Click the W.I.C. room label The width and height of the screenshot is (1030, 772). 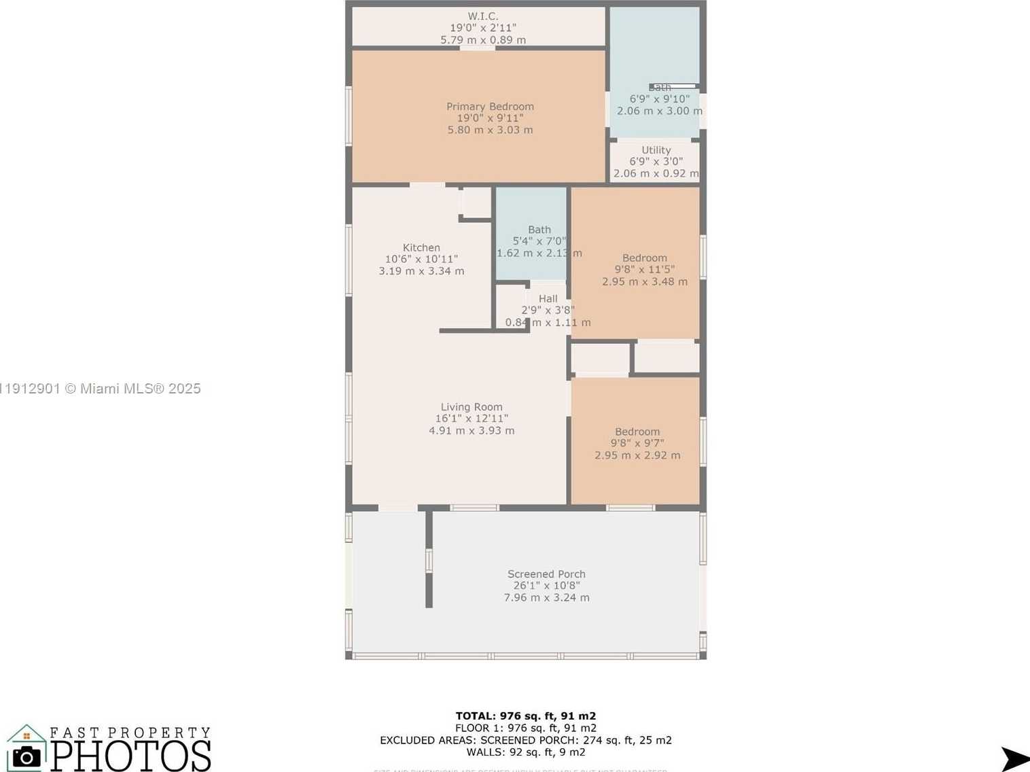(x=482, y=16)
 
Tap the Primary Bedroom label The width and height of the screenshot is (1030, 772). (x=490, y=107)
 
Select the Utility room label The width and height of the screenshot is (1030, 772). (x=656, y=150)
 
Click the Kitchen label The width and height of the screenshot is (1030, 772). (x=421, y=248)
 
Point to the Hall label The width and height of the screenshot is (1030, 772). (x=548, y=299)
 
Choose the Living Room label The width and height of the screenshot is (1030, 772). (x=472, y=407)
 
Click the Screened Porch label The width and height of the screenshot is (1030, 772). (x=546, y=574)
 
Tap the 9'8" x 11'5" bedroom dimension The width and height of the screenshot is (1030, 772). (x=644, y=270)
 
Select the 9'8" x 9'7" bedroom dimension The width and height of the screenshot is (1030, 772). (x=637, y=443)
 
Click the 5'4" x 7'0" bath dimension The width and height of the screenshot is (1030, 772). (x=539, y=241)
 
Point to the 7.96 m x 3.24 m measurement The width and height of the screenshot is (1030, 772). (x=546, y=598)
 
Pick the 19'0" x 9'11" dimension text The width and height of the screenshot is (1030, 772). (x=490, y=118)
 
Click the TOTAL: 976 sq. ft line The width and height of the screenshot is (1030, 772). (x=525, y=716)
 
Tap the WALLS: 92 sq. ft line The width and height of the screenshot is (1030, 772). (x=525, y=752)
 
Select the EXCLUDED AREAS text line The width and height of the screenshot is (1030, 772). (x=525, y=740)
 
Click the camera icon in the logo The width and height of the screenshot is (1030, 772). (x=26, y=756)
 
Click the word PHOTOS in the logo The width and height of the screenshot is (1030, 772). (x=131, y=756)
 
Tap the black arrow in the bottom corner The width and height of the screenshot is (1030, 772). (x=1015, y=758)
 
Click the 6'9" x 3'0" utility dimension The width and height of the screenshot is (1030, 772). (x=656, y=162)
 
